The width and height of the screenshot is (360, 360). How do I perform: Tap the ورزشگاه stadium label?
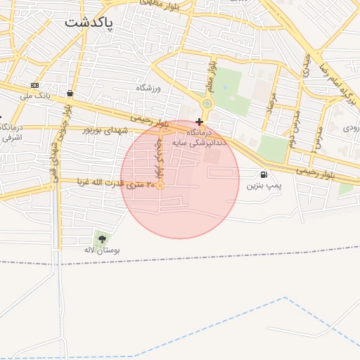pos(149,88)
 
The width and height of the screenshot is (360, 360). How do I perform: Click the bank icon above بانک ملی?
pos(34,85)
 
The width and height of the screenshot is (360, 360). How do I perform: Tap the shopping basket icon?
pos(70,93)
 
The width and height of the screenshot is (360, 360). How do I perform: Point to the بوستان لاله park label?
pos(103,250)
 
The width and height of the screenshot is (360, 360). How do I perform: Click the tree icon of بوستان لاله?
pos(103,239)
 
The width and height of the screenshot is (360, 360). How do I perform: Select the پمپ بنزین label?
pos(264,186)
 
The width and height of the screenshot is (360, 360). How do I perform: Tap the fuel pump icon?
pos(264,174)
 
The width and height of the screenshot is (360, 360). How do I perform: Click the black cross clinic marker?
pos(200,122)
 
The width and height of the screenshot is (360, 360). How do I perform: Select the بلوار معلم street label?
pos(210,75)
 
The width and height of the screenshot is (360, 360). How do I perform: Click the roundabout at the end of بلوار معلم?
pos(206,104)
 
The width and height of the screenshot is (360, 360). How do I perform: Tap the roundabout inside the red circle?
pos(160,186)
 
